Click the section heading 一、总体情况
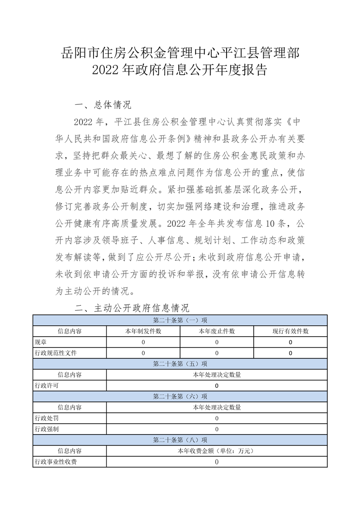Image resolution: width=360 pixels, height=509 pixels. (103, 105)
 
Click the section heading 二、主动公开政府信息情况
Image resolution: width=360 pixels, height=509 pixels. (132, 308)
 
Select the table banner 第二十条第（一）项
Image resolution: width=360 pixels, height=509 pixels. (180, 320)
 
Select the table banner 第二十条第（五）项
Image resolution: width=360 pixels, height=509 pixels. (180, 364)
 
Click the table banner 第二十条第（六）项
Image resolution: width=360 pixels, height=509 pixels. (180, 396)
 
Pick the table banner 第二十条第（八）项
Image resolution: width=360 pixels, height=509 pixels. (180, 440)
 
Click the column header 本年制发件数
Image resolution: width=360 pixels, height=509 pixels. (143, 331)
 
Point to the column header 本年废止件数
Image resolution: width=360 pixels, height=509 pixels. (217, 331)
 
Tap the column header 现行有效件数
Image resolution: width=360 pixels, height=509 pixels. (291, 331)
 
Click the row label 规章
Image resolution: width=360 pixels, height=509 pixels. (40, 342)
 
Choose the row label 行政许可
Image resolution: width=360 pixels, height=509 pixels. (47, 386)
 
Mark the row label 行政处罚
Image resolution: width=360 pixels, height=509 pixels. (47, 418)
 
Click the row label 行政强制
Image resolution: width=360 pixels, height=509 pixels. (47, 429)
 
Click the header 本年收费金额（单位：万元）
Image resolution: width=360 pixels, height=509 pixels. (217, 451)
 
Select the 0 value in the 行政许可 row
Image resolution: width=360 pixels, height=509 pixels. (217, 386)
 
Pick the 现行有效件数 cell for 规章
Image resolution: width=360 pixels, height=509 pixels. (291, 342)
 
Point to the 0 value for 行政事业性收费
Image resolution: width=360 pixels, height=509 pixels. (217, 462)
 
